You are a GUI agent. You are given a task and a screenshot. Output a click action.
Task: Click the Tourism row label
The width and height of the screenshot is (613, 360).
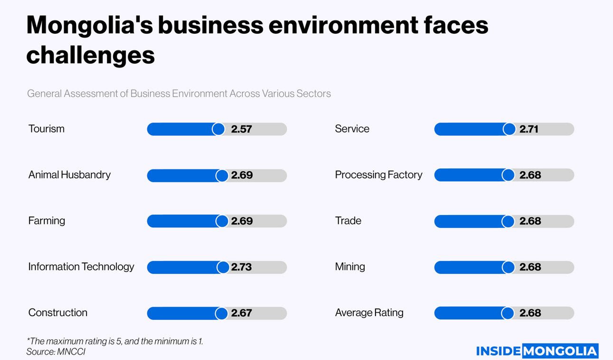[46, 129]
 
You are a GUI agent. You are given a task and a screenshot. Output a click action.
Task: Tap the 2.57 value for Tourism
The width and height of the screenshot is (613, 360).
[241, 129]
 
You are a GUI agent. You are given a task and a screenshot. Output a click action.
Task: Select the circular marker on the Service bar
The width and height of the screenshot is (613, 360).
[509, 129]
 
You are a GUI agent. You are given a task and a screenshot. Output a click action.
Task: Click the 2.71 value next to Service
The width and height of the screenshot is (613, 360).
[528, 129]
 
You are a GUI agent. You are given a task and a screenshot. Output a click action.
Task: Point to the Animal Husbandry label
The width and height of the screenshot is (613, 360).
[69, 175]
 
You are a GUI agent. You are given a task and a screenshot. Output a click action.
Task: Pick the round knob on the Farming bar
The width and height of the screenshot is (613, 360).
[222, 221]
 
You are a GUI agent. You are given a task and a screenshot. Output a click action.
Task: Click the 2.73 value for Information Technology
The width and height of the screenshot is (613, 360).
[241, 267]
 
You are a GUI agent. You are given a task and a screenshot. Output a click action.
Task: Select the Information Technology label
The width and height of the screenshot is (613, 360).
[81, 267]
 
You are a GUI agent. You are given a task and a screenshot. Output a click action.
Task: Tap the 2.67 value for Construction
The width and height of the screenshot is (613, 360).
[241, 313]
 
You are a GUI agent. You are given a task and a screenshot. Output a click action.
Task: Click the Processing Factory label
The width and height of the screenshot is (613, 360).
[378, 175]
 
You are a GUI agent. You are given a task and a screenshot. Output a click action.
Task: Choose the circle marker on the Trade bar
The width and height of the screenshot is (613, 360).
[508, 222]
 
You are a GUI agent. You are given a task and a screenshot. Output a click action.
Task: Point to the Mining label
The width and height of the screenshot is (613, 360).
[350, 267]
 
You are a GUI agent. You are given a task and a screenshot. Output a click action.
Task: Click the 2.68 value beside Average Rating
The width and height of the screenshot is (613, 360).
[530, 313]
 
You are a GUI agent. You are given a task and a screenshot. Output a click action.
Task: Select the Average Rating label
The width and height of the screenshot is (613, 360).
[369, 313]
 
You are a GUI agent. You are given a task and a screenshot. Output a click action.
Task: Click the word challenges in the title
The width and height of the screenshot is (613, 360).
[90, 56]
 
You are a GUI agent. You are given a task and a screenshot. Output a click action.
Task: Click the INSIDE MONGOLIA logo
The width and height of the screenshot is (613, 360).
[537, 351]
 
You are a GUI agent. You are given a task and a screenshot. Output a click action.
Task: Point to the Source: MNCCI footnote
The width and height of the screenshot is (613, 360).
[56, 352]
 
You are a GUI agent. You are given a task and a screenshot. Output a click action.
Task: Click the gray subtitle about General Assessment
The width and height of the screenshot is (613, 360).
[178, 94]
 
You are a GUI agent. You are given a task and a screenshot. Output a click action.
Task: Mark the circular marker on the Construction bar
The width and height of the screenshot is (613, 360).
[222, 313]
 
